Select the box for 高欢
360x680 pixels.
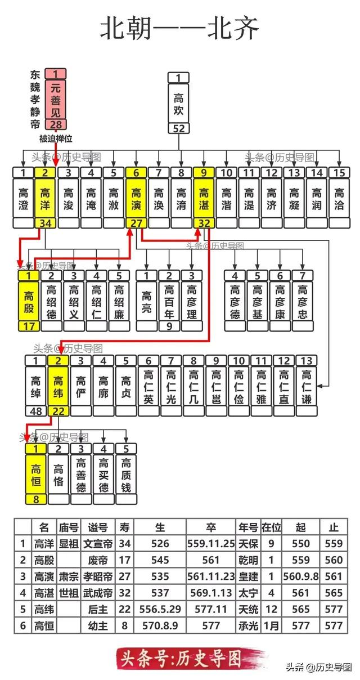178,103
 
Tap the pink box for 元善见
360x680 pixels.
56,99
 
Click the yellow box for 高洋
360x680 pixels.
46,198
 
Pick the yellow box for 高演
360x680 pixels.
136,198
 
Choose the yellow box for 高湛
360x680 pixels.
203,198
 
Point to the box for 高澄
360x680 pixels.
23,198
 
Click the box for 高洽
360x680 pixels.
339,198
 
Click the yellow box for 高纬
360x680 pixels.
58,386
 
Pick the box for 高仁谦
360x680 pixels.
306,386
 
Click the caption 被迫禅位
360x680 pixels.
56,138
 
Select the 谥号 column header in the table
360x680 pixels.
97,527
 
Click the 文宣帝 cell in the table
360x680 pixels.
97,544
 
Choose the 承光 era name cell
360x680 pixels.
247,625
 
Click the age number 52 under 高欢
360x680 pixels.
178,129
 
